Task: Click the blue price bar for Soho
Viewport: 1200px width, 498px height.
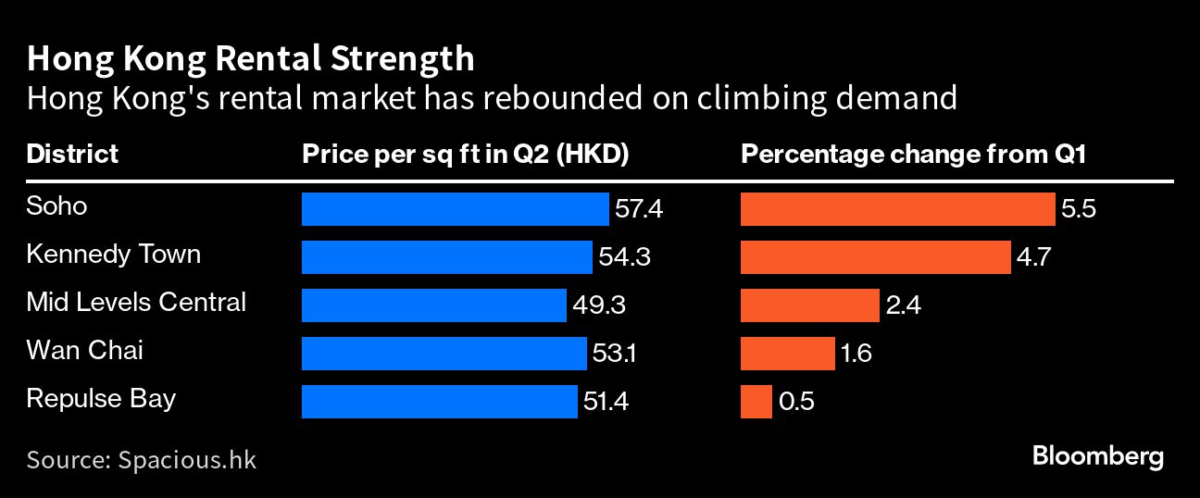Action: tap(455, 209)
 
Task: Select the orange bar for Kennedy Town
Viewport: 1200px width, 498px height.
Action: tap(875, 257)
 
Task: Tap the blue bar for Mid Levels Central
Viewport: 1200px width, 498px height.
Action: tap(433, 305)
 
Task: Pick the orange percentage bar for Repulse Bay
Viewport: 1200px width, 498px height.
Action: tap(756, 402)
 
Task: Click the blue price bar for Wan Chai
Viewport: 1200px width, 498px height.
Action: tap(444, 354)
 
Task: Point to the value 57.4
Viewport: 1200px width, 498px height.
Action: tap(639, 209)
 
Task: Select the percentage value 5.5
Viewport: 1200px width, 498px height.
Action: tap(1079, 209)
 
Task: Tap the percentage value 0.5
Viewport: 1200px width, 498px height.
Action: tap(795, 402)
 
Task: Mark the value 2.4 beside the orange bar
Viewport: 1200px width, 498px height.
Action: tap(903, 305)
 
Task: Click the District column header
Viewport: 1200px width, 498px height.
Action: tap(72, 154)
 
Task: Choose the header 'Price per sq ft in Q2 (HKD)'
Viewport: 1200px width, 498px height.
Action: tap(466, 154)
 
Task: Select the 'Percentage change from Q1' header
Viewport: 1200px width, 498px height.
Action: tap(913, 154)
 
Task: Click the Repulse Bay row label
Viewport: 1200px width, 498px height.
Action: tap(101, 399)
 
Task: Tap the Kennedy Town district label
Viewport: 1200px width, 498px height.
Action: tap(113, 255)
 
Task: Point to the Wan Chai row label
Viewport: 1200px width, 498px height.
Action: tap(84, 351)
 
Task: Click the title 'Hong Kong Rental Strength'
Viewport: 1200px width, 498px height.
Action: tap(250, 59)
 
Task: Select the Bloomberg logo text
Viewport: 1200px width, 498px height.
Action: tap(1097, 456)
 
